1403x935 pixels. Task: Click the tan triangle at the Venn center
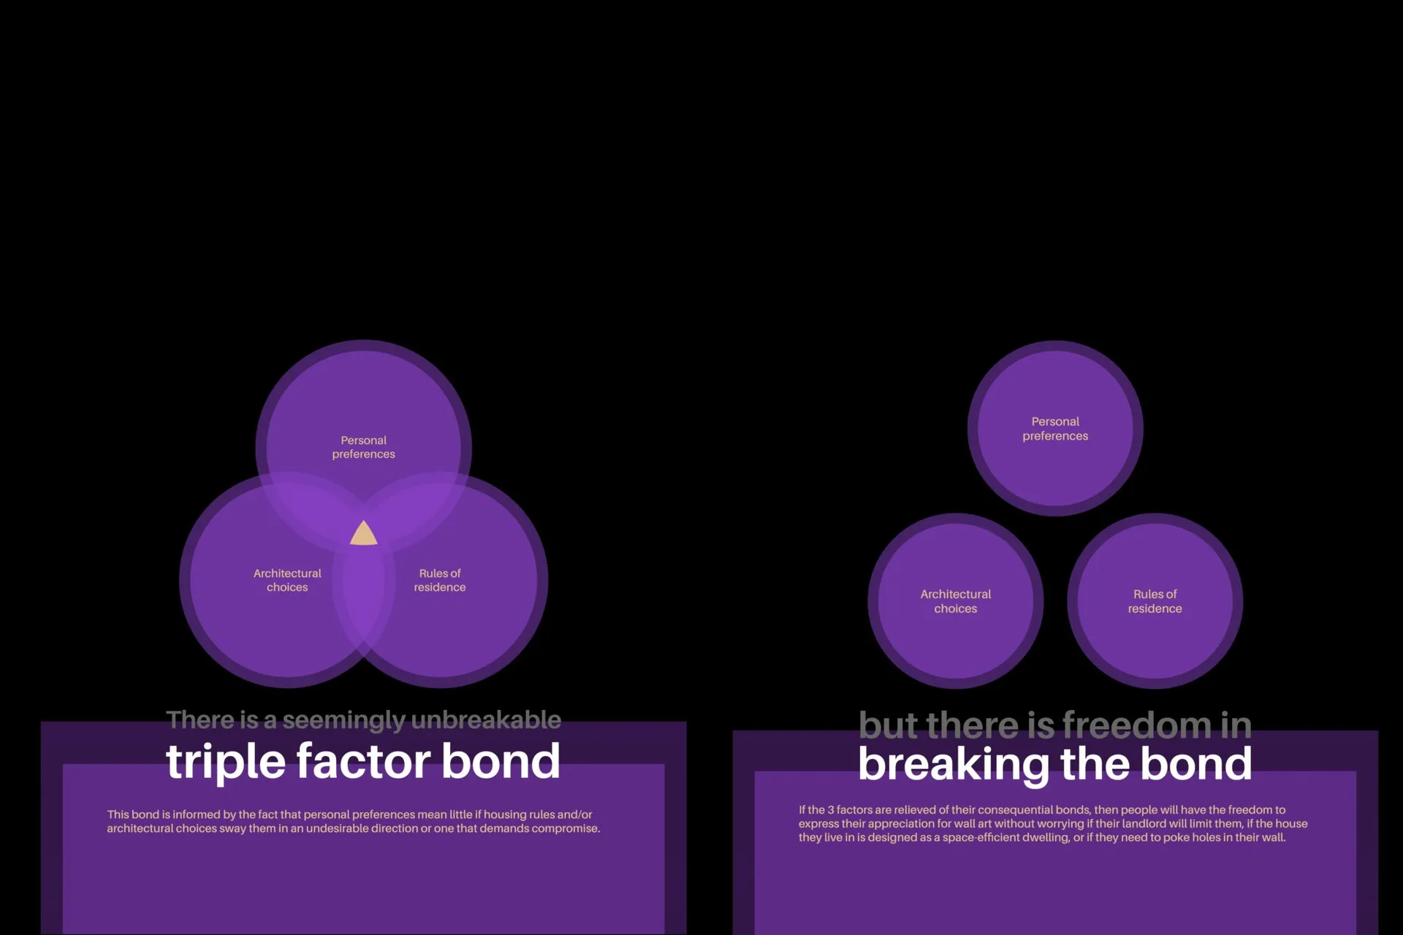pos(364,534)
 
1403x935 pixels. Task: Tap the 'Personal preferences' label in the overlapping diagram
pos(363,447)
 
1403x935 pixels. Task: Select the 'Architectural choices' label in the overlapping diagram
pos(287,580)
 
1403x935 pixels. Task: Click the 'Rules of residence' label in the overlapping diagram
pos(440,580)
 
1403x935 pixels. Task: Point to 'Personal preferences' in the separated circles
pos(1055,429)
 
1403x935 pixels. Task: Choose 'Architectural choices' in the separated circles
pos(956,601)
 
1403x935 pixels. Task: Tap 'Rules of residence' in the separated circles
pos(1155,601)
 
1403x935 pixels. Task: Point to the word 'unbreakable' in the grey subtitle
pos(487,720)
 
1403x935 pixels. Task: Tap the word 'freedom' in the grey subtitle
pos(1137,725)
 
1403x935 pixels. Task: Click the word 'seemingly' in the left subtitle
pos(343,721)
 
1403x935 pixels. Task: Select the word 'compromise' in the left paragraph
pos(565,828)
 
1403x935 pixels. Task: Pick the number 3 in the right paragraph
pos(830,809)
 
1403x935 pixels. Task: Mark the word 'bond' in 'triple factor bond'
pos(501,761)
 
